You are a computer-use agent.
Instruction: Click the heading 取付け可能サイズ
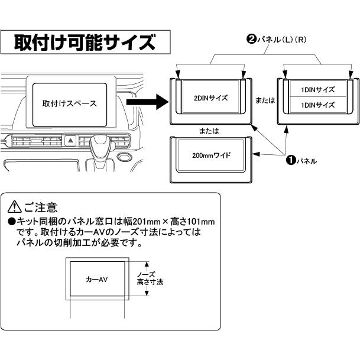click(86, 43)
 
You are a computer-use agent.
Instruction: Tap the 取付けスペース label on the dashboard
click(70, 103)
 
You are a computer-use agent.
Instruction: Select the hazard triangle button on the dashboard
click(70, 140)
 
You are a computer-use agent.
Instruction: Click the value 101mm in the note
click(201, 221)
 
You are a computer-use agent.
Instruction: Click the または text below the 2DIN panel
click(210, 129)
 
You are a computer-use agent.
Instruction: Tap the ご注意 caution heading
click(40, 207)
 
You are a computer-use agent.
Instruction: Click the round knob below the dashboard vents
click(124, 158)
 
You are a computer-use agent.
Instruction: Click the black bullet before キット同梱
click(11, 222)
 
